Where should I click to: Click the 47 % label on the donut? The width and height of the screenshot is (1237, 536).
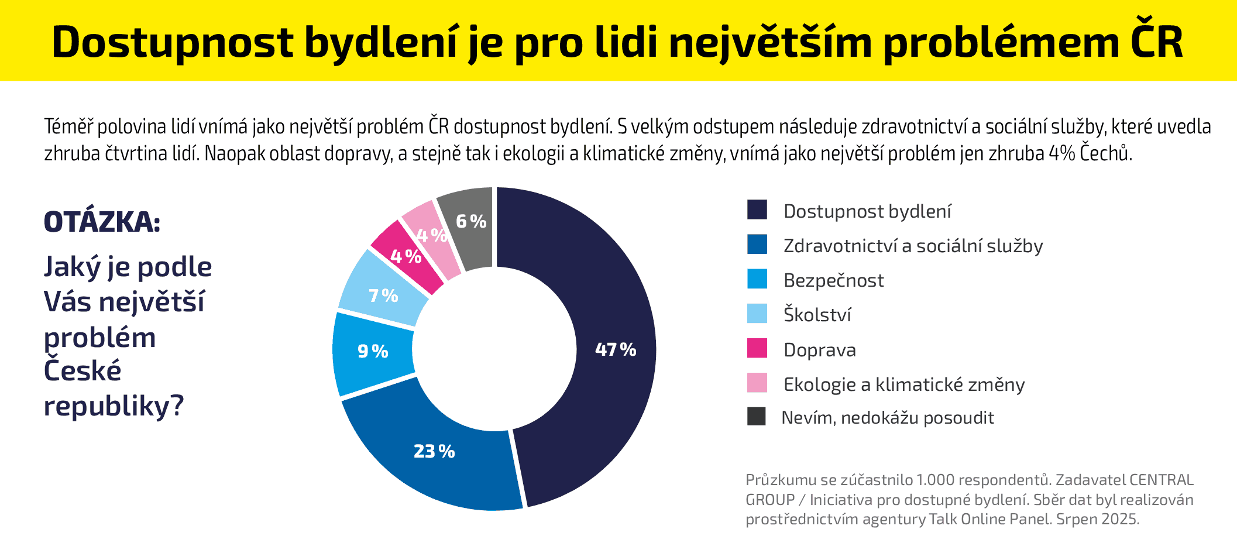click(615, 350)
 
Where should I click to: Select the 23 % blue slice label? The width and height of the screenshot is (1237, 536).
click(434, 452)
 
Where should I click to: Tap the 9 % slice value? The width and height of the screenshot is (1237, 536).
click(373, 352)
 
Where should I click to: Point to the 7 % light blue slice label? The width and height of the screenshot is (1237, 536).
click(383, 296)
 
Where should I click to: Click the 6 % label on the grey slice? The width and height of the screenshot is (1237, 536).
click(471, 222)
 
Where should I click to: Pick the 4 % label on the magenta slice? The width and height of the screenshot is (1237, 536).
click(406, 256)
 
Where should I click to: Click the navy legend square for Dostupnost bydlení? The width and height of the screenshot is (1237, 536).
click(757, 209)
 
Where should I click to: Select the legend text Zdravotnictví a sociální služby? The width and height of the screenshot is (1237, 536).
click(913, 246)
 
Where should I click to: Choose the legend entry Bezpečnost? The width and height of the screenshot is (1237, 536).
click(833, 280)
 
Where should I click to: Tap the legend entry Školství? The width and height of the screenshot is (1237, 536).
click(817, 315)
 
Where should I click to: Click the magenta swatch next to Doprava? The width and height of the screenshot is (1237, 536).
click(757, 348)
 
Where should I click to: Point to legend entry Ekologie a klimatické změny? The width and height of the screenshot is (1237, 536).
click(903, 384)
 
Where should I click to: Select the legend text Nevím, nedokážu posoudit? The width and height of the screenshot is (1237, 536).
click(887, 418)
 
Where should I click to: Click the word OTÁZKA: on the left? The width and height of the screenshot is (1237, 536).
click(102, 222)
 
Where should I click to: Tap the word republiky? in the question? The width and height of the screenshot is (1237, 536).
click(114, 406)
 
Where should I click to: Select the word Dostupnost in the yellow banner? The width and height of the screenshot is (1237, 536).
click(173, 42)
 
